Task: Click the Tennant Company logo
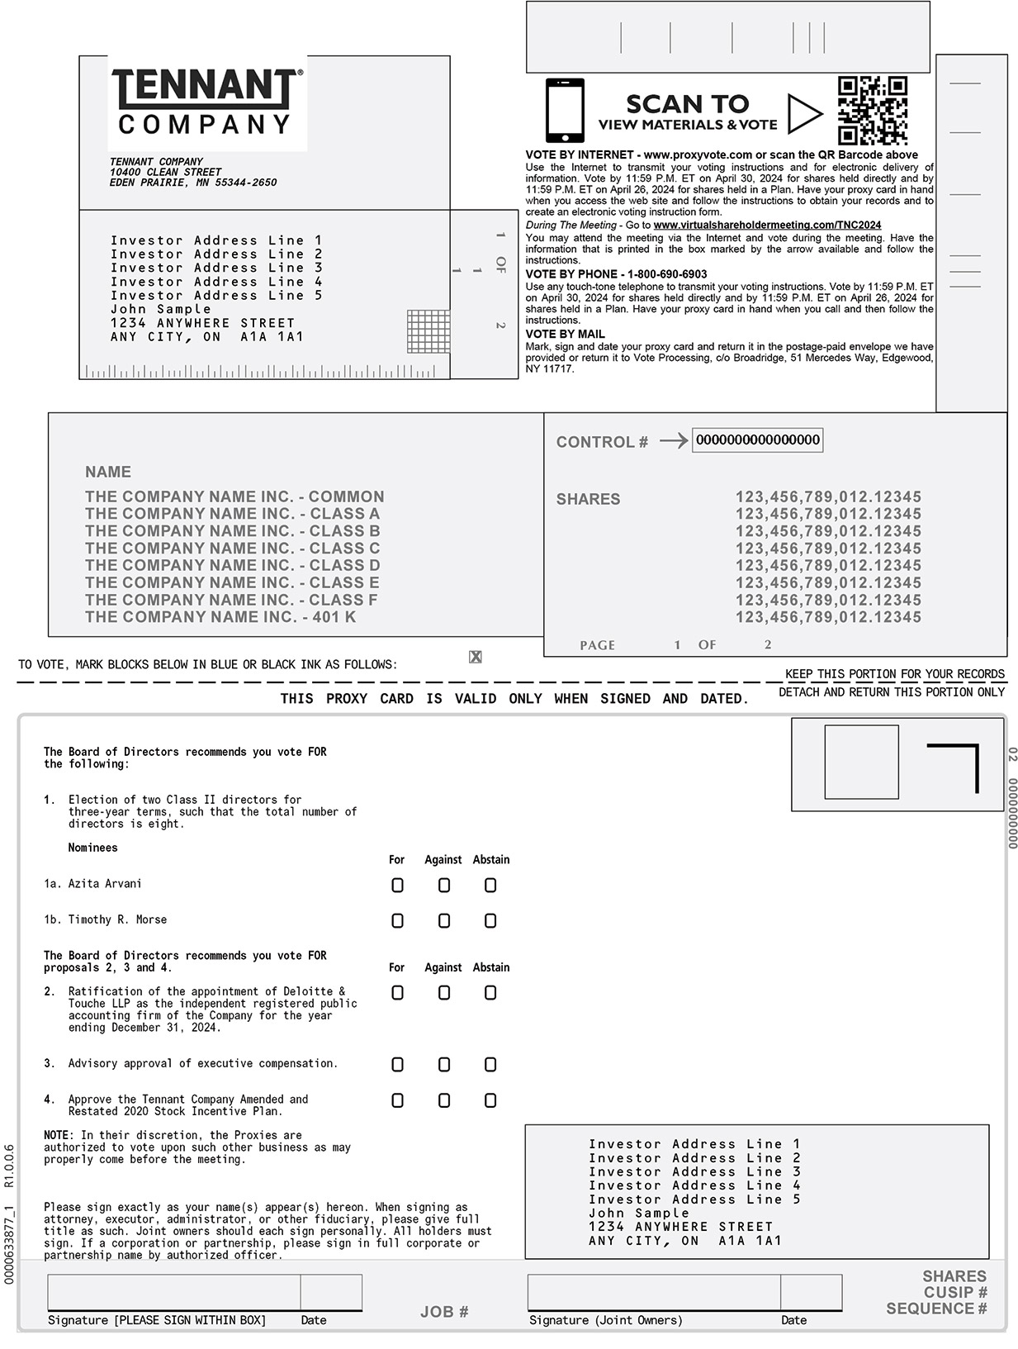click(x=206, y=102)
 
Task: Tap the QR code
click(x=872, y=111)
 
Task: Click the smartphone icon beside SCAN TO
click(x=565, y=111)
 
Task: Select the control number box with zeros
click(x=757, y=440)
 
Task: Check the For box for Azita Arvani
click(x=397, y=886)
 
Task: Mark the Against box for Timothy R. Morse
click(x=444, y=921)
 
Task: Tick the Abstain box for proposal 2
click(x=490, y=993)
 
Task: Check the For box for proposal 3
click(x=397, y=1065)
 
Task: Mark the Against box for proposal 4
click(x=444, y=1100)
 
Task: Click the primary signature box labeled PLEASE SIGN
click(x=173, y=1292)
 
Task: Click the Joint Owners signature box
click(x=653, y=1292)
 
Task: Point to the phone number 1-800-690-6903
click(x=667, y=274)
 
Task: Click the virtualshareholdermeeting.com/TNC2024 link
click(x=767, y=225)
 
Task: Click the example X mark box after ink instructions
click(x=476, y=657)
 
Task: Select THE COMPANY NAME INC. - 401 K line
click(x=220, y=617)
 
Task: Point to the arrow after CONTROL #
click(x=673, y=441)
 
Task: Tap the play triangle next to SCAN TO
click(x=803, y=114)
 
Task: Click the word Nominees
click(x=92, y=848)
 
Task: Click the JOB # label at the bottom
click(x=444, y=1312)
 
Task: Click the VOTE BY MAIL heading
click(x=565, y=335)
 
